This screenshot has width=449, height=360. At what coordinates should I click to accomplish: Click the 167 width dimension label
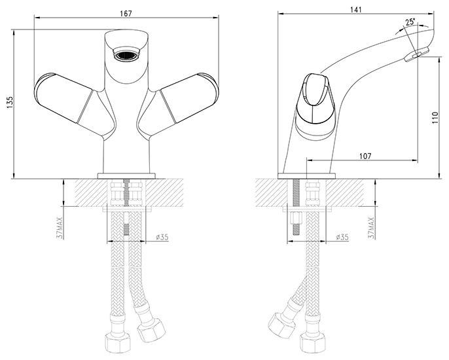click(126, 14)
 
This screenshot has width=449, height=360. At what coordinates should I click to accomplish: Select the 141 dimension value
click(355, 9)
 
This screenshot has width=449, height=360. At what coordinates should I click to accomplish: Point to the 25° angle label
click(410, 22)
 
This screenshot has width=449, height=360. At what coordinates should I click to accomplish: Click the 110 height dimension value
click(435, 117)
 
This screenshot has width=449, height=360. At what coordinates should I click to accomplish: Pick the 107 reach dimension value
click(365, 156)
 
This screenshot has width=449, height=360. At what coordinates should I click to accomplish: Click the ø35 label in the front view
click(162, 237)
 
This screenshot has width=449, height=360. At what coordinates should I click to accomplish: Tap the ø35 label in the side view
click(342, 237)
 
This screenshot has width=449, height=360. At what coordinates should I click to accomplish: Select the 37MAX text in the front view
click(60, 227)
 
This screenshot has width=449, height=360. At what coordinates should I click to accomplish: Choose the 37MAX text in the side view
click(371, 227)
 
